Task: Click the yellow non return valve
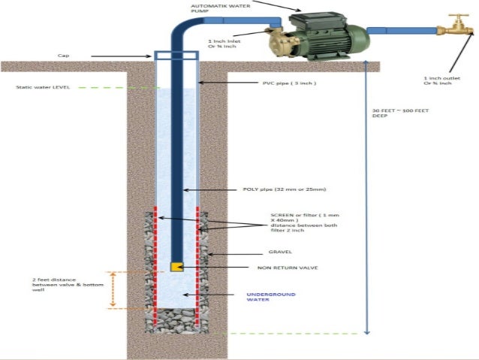tap(176, 267)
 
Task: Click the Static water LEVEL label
tap(43, 87)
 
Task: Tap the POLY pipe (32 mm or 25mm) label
tap(283, 189)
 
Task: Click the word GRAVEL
tap(280, 252)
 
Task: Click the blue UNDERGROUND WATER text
tap(271, 298)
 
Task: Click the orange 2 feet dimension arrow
tap(113, 289)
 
